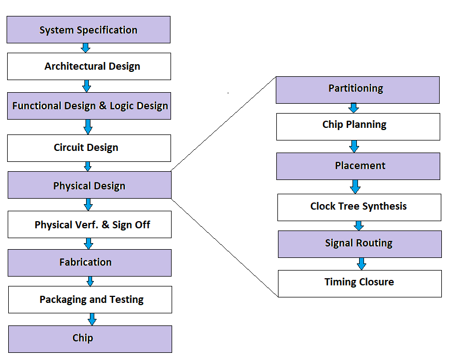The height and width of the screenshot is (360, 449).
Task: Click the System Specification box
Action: pyautogui.click(x=88, y=30)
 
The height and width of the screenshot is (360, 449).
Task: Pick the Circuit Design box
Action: pyautogui.click(x=89, y=148)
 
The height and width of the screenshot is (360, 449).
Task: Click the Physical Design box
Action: pyautogui.click(x=89, y=185)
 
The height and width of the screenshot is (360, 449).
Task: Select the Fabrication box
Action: pyautogui.click(x=89, y=262)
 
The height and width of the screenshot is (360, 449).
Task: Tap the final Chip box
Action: pyautogui.click(x=90, y=339)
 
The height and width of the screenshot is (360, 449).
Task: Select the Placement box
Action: pyautogui.click(x=358, y=166)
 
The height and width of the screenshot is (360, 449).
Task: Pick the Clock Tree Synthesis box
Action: pyautogui.click(x=359, y=207)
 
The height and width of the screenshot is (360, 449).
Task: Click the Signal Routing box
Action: pyautogui.click(x=360, y=244)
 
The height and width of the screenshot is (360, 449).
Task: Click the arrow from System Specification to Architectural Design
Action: pyautogui.click(x=86, y=48)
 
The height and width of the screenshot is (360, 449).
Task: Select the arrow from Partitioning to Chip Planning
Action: pyautogui.click(x=355, y=108)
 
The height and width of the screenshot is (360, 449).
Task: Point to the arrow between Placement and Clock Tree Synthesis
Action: pyautogui.click(x=355, y=187)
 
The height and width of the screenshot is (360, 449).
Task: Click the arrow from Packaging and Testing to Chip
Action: pyautogui.click(x=92, y=319)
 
